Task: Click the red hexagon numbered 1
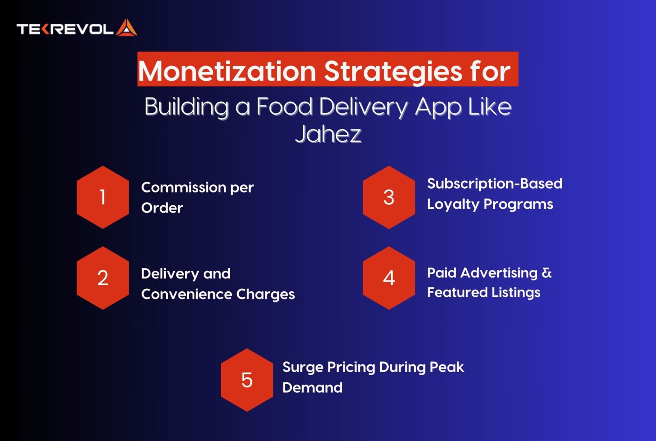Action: click(x=103, y=197)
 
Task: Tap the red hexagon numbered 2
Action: click(x=103, y=278)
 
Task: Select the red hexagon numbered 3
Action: click(x=389, y=197)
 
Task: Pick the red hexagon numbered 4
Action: click(x=389, y=278)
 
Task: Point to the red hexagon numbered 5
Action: click(x=247, y=380)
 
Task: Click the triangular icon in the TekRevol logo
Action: click(x=126, y=28)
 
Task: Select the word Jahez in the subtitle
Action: click(x=328, y=134)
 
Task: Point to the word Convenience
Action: click(x=186, y=294)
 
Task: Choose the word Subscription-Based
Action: click(x=495, y=184)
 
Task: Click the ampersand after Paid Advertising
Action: click(x=547, y=272)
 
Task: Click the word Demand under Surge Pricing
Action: click(x=312, y=388)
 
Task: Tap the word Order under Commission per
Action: click(x=162, y=208)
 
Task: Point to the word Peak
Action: click(x=447, y=367)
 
